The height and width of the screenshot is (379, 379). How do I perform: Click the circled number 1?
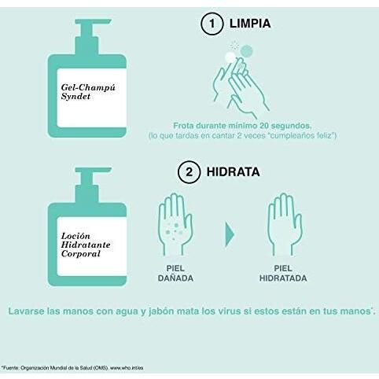[212, 24]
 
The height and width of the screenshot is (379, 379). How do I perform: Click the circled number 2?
[189, 172]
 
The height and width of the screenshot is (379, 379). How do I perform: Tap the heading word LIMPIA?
[250, 24]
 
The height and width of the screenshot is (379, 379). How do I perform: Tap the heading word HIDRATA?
[233, 172]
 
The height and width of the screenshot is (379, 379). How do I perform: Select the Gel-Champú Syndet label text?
[88, 92]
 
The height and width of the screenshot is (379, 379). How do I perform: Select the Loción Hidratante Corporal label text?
[86, 245]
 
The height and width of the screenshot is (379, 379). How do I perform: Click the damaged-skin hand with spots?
[175, 224]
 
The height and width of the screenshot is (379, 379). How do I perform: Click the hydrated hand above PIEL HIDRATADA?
[284, 224]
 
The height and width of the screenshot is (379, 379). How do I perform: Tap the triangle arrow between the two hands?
[230, 234]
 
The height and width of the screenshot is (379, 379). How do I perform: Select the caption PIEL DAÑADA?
[175, 273]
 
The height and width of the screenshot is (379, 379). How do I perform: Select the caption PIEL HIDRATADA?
[283, 273]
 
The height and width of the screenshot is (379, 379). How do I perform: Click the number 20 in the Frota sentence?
[263, 126]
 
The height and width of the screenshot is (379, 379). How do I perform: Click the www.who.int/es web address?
[127, 368]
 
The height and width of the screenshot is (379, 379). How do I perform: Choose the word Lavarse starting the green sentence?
[26, 311]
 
